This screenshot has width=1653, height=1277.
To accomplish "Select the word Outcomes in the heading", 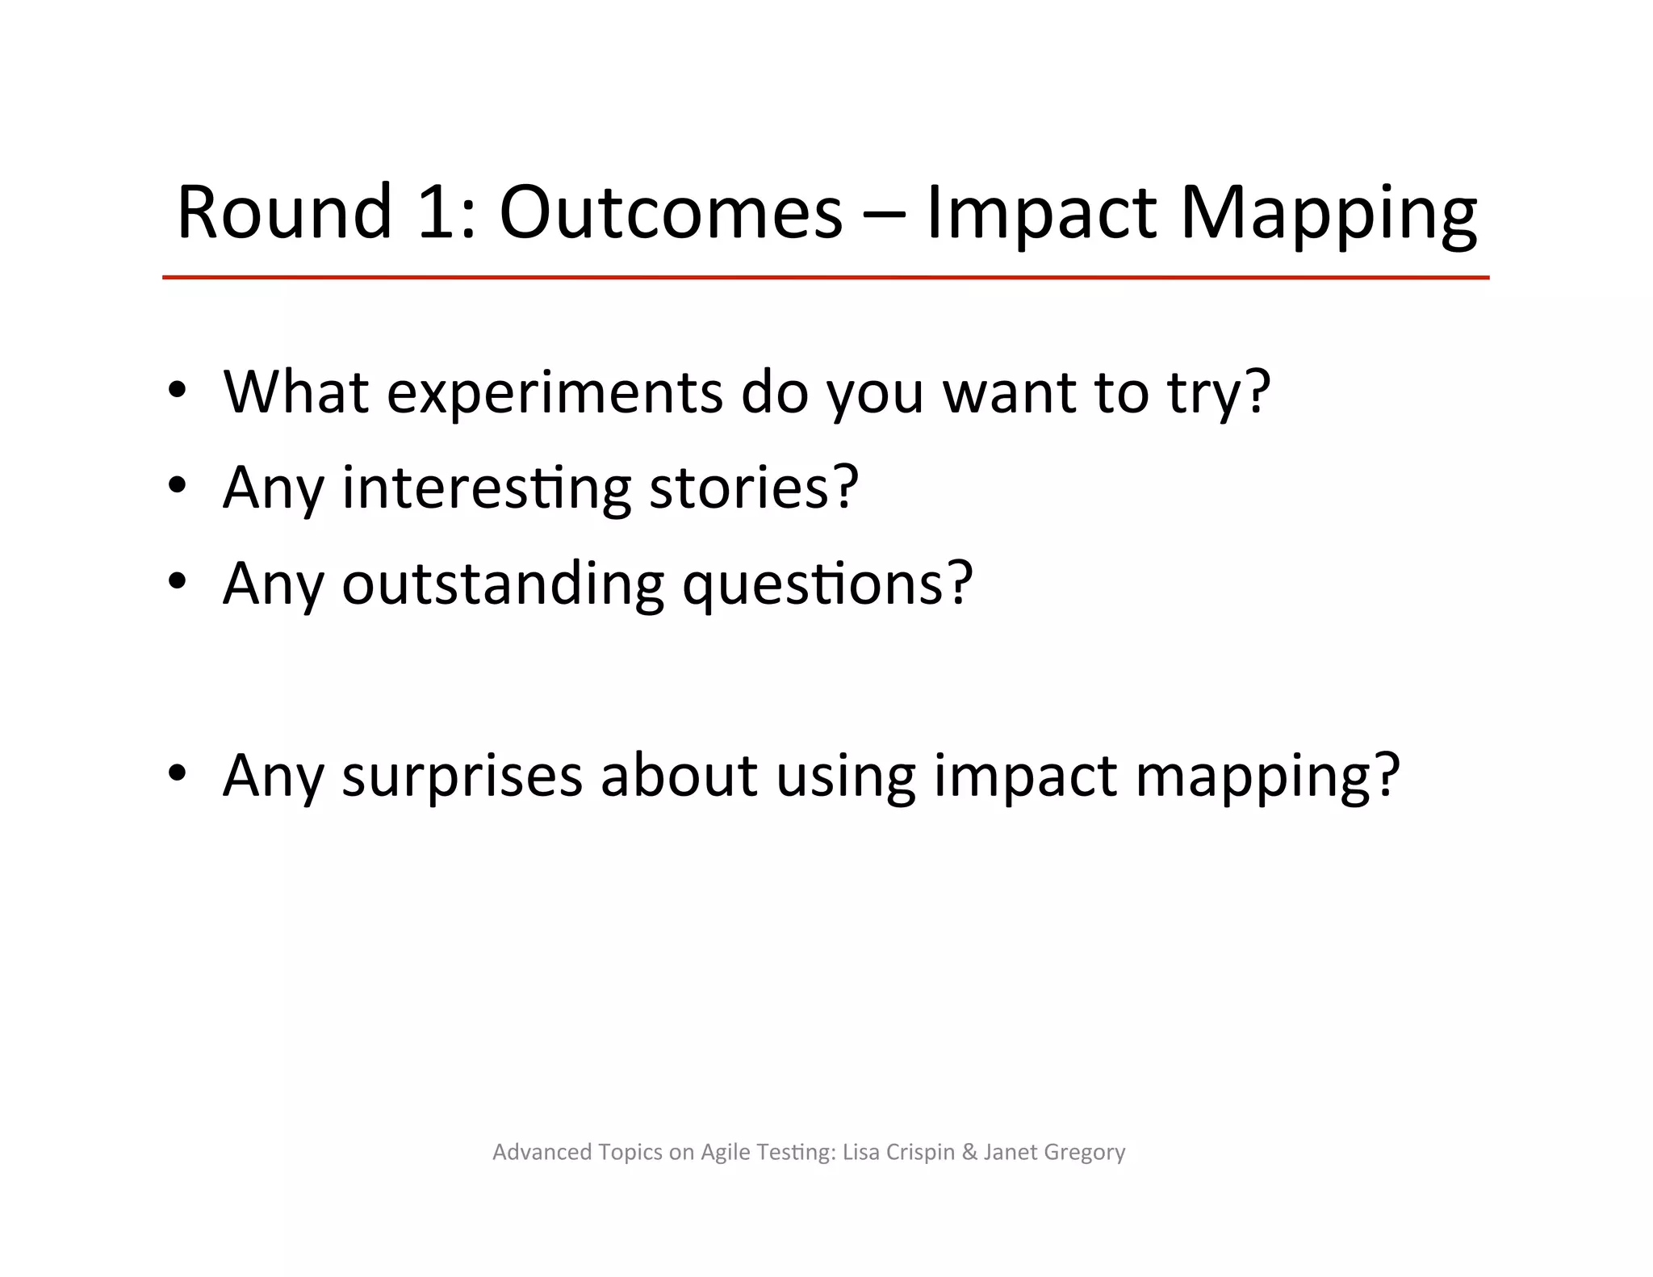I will (x=671, y=213).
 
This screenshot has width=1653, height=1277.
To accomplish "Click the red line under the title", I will (x=825, y=278).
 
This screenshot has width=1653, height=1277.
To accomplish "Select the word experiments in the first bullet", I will (x=554, y=393).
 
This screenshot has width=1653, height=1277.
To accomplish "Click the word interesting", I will (x=487, y=489).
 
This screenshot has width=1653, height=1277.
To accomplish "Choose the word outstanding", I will (x=503, y=584).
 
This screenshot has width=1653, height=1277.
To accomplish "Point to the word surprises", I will (x=462, y=777).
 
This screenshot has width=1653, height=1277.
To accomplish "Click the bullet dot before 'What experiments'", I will (x=178, y=391).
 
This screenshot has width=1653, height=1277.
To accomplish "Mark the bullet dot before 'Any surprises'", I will (x=178, y=773).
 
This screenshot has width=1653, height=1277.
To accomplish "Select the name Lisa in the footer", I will (x=860, y=1152).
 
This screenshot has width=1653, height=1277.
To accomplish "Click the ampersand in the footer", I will (x=969, y=1152).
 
